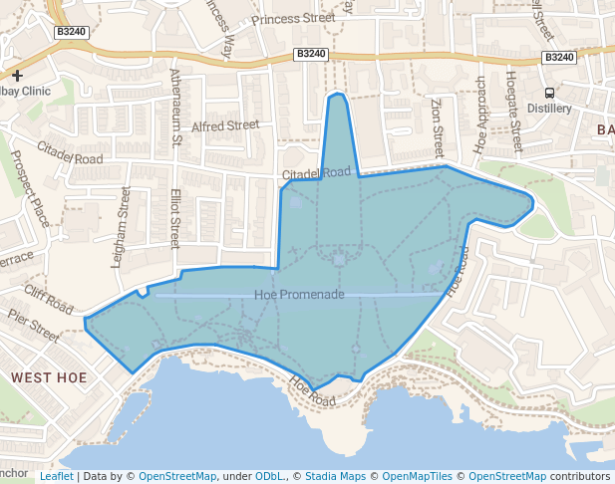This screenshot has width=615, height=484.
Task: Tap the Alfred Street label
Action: (225, 126)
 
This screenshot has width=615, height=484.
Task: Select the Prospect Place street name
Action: (30, 187)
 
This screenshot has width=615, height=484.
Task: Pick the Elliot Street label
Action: (175, 218)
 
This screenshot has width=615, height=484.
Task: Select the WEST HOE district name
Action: (49, 378)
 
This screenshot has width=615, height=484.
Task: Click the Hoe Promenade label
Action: (299, 295)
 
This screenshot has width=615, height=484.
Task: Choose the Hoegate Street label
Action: (514, 110)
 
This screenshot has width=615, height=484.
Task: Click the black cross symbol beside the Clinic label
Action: (17, 75)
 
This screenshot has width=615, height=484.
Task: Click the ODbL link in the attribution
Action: (269, 476)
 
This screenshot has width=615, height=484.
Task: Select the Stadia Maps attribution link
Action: (339, 476)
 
